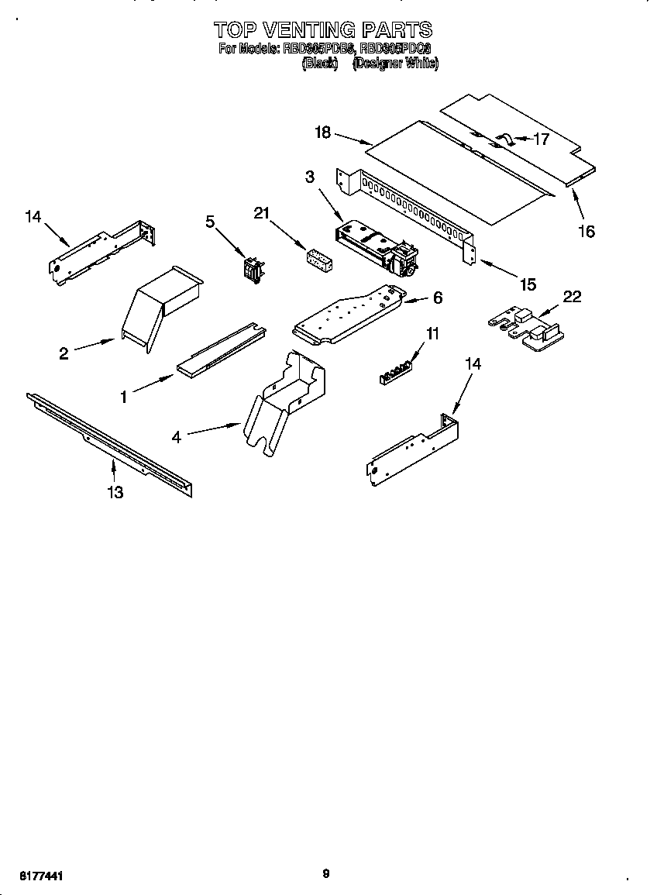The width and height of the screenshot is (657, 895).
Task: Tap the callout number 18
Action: coord(322,133)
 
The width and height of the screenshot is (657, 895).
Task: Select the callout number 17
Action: coord(541,139)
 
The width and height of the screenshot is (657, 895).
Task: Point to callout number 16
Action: coord(586,231)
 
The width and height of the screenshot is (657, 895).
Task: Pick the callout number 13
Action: coord(115,492)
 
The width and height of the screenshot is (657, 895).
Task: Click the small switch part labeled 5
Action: coord(252,269)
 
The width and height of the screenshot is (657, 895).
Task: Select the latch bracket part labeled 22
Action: coord(527,326)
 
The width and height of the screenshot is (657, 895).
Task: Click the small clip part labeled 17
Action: coord(504,139)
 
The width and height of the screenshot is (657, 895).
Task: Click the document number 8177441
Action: coord(36,876)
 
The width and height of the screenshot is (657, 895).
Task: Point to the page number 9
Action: coord(326,873)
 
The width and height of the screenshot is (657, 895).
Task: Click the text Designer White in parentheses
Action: coord(395,64)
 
